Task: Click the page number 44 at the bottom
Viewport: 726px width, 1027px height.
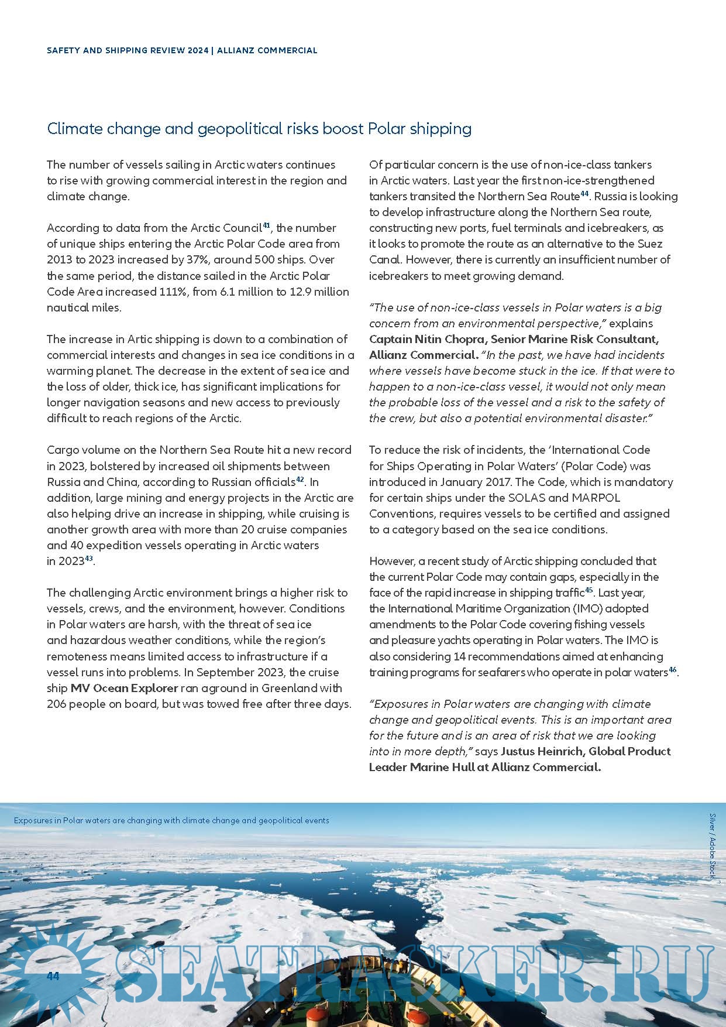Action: click(53, 976)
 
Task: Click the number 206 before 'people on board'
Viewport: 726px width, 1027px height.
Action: click(57, 704)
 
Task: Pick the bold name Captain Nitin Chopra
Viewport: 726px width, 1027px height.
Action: click(427, 339)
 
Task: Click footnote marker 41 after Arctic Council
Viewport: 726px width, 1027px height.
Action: click(266, 225)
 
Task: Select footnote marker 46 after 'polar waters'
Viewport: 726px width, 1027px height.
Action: click(672, 669)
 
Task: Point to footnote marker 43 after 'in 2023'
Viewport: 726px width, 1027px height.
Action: click(89, 558)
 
